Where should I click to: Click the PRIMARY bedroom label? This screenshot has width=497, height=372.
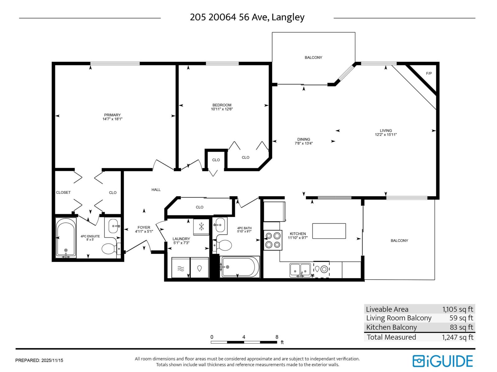click(112, 115)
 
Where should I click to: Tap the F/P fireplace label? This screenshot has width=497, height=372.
click(429, 73)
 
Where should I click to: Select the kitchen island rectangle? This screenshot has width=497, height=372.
click(329, 231)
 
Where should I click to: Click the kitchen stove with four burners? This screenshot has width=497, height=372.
click(273, 240)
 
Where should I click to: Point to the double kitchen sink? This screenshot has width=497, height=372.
click(300, 270)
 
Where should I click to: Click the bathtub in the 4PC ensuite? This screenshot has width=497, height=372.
click(66, 238)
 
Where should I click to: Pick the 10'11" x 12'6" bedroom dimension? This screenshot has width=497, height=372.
click(222, 109)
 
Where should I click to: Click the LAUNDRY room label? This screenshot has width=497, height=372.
click(181, 239)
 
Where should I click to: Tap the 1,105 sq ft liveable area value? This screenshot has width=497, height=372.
click(458, 309)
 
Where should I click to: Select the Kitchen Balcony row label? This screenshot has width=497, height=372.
click(391, 327)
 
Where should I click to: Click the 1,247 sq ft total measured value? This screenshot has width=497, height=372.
click(458, 337)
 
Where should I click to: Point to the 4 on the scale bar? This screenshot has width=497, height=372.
click(244, 337)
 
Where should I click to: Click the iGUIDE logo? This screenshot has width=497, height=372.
click(443, 361)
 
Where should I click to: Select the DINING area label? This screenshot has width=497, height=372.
click(303, 139)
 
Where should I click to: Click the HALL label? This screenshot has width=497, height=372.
click(156, 189)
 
